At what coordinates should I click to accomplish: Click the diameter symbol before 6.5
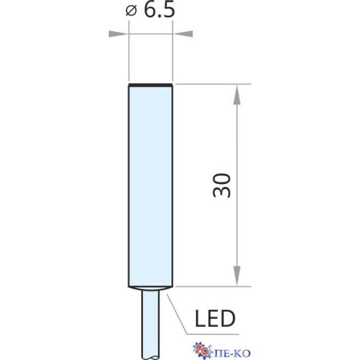pyautogui.click(x=131, y=11)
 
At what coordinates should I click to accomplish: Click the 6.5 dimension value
pyautogui.click(x=159, y=10)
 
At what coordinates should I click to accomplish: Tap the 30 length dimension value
pyautogui.click(x=221, y=185)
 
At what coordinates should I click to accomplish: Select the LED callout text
pyautogui.click(x=215, y=318)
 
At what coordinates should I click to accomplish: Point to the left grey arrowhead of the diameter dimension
pyautogui.click(x=118, y=34)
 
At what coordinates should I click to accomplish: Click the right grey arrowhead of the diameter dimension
pyautogui.click(x=183, y=34)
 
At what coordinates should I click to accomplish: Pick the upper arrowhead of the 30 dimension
pyautogui.click(x=237, y=94)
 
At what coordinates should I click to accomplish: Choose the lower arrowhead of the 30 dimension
pyautogui.click(x=237, y=276)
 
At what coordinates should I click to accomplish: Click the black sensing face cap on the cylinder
pyautogui.click(x=150, y=85)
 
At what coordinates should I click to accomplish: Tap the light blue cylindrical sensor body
pyautogui.click(x=150, y=187)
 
